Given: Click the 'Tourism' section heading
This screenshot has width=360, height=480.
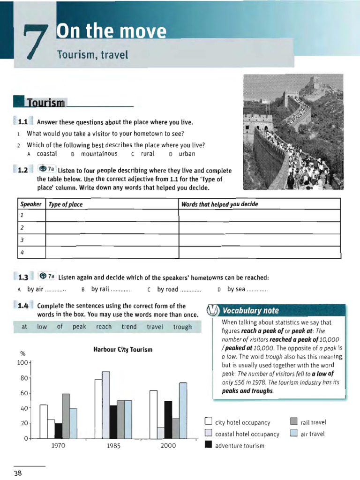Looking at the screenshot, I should click(46, 103).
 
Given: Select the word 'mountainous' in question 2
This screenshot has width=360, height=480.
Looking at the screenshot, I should click(99, 153).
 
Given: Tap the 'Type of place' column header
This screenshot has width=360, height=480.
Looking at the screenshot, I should click(62, 204).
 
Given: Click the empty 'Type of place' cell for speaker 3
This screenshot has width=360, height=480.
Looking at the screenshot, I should click(112, 240).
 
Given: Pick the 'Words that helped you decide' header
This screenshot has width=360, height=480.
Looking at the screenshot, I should click(220, 204).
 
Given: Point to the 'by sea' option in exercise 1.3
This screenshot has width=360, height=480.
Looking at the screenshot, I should click(236, 289).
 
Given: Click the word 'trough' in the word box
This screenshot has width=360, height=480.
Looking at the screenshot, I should click(182, 327).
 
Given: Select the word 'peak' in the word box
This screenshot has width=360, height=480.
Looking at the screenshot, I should click(79, 327).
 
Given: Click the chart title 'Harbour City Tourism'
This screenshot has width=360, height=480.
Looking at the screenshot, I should click(123, 350).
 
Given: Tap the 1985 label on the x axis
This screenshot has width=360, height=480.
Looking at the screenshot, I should click(113, 446).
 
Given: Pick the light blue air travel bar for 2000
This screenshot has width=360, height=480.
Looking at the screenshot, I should click(183, 411).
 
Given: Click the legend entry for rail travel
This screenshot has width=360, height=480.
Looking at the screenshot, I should click(309, 422).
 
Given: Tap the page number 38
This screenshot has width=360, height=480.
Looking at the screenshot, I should click(18, 473).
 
